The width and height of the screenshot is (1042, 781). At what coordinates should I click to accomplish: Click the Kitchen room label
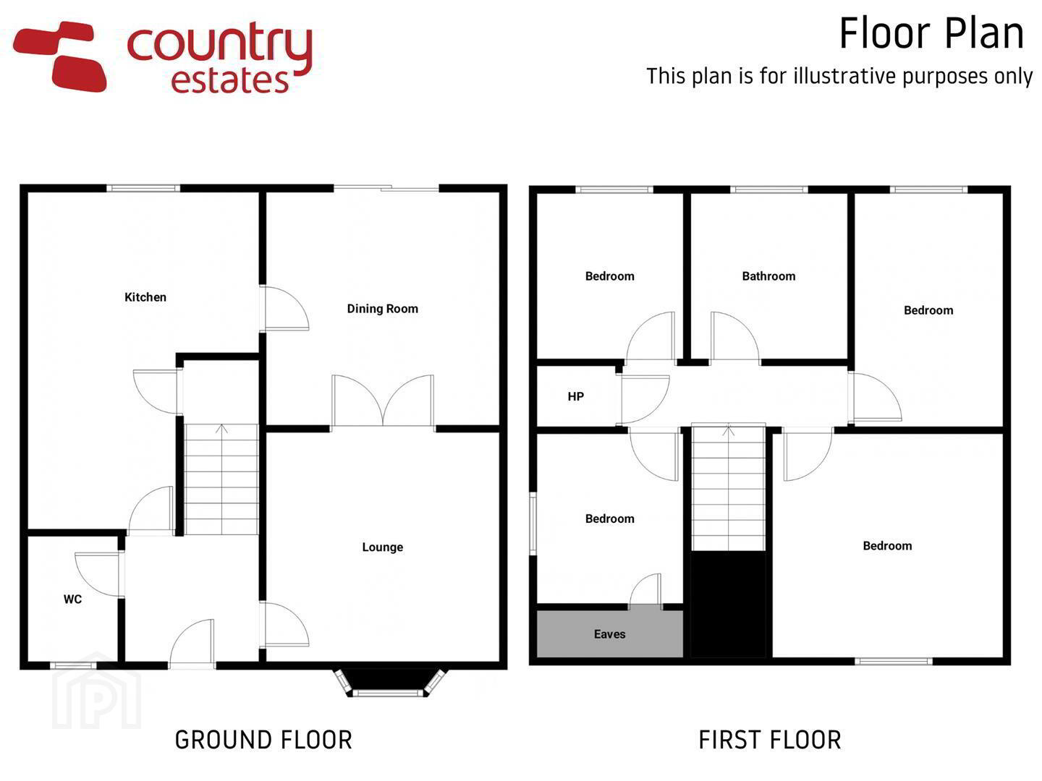(x=145, y=297)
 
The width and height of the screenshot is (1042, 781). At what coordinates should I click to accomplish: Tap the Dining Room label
(x=383, y=309)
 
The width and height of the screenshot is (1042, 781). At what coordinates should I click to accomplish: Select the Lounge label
(x=383, y=547)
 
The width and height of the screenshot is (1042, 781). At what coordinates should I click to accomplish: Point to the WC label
(x=72, y=599)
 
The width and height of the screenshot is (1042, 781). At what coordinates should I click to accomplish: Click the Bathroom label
(x=768, y=276)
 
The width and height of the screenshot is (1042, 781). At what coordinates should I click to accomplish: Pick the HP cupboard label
(x=576, y=396)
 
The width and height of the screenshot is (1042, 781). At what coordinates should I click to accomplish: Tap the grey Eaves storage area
(x=609, y=634)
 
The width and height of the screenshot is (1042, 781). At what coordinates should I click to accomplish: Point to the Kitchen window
(x=143, y=188)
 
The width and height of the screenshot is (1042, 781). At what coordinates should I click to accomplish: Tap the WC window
(x=74, y=665)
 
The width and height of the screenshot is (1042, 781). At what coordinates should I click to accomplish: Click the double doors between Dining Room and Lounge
(x=383, y=401)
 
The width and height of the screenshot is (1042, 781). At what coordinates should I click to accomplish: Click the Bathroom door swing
(x=734, y=337)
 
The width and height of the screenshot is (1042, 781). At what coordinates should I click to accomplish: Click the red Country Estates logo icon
(x=59, y=56)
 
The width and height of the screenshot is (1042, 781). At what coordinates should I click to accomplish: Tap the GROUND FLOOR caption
(x=263, y=741)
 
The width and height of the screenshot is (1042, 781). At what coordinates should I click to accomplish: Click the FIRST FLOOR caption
(x=770, y=741)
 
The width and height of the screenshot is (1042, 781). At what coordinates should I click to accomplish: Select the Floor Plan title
(x=931, y=34)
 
